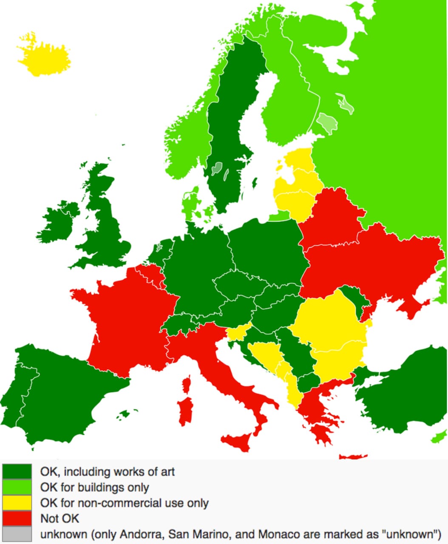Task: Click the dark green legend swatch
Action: click(17, 471)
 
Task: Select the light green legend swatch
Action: click(17, 487)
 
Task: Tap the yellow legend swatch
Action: click(17, 503)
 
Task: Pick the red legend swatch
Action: click(17, 518)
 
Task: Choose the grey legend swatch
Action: click(17, 534)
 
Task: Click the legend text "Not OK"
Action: click(60, 518)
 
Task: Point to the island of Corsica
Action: click(186, 385)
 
